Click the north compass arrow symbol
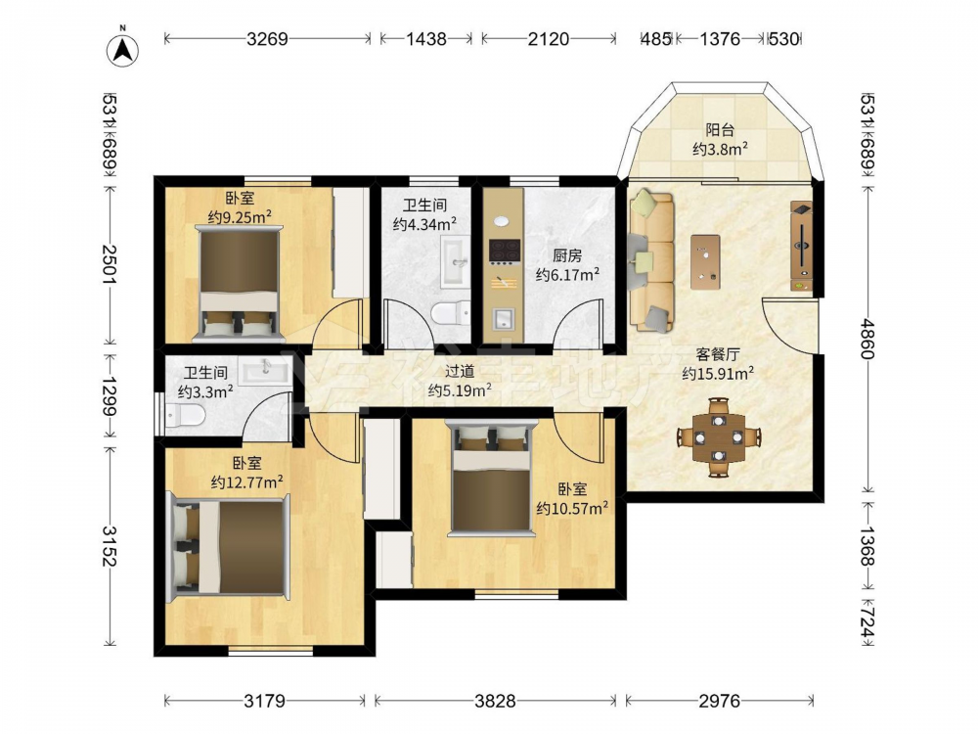point(122,49)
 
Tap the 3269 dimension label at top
point(267,39)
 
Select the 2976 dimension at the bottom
point(719,701)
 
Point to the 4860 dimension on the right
point(867,339)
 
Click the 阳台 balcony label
point(720,130)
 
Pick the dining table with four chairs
point(719,436)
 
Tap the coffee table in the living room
point(705,261)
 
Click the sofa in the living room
point(651,261)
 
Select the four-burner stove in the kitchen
point(505,252)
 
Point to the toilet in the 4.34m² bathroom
point(450,312)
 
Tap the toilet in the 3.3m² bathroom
point(185,414)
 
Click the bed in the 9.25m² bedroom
point(239,284)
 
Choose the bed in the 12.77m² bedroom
point(228,547)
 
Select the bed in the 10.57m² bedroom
point(492,479)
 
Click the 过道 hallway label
point(460,372)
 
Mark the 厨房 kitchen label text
point(567,255)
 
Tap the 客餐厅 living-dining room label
point(718,354)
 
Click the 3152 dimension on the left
point(110,546)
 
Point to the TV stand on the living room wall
point(802,246)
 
